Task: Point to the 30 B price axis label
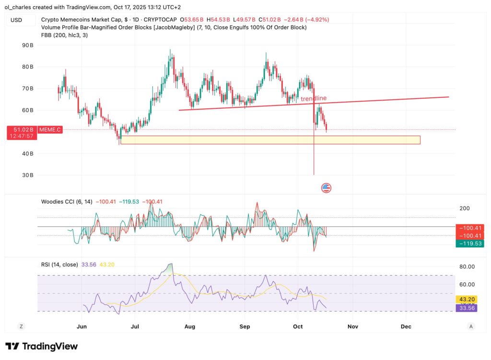coord(27,175)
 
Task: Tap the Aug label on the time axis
coord(190,327)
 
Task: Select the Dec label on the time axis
coord(406,327)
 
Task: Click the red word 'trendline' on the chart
coord(314,99)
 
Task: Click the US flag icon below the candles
coord(326,187)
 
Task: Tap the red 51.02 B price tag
coord(21,129)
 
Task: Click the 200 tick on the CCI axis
coord(464,209)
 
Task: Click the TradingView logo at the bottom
coord(41,346)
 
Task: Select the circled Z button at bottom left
coord(21,326)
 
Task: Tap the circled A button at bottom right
coord(471,326)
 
